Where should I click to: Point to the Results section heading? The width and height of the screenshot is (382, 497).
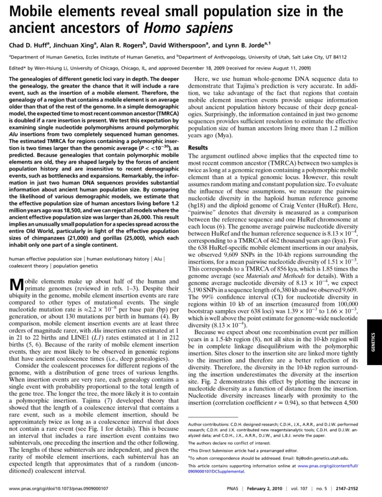coord(198,148)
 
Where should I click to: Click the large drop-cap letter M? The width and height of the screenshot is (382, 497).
coord(16,285)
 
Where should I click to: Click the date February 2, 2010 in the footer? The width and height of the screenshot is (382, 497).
coord(264,488)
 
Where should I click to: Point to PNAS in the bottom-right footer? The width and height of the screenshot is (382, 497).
coord(232,488)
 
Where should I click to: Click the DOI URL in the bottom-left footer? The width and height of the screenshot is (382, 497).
coord(58,488)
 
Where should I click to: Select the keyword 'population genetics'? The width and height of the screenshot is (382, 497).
coord(76,266)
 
